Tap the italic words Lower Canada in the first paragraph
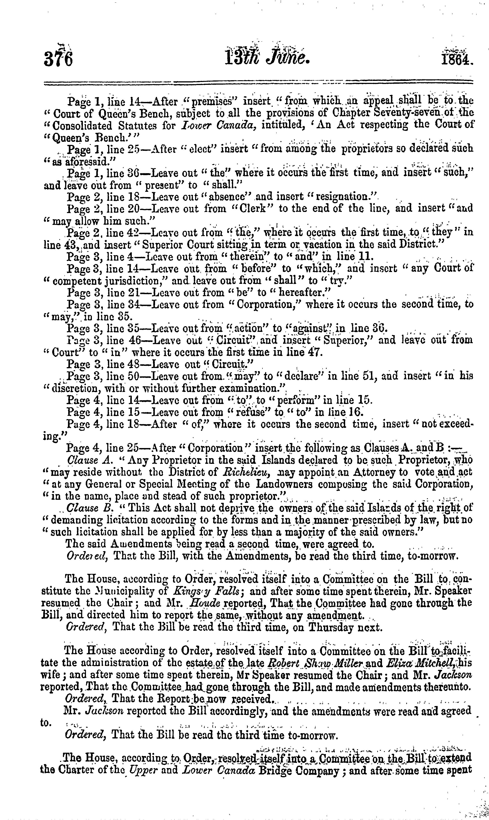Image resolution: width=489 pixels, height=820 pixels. (x=217, y=125)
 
